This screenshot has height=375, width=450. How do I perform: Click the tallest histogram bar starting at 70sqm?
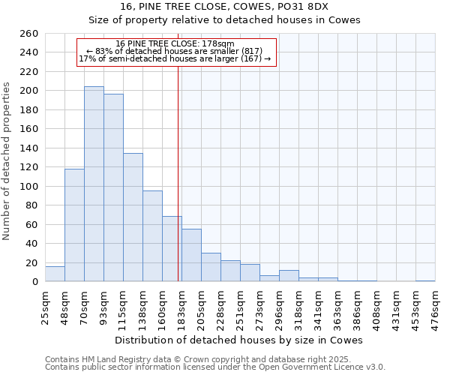point(94,184)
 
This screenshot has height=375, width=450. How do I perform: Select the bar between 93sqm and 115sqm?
point(113,187)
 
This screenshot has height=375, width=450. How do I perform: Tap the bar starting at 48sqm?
point(74,225)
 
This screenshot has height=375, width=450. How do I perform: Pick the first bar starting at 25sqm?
point(55,274)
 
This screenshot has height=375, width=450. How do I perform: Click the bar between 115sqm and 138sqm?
point(133,217)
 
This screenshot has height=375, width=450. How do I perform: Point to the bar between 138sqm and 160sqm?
point(152,236)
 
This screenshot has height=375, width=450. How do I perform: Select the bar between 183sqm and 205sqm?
point(191,255)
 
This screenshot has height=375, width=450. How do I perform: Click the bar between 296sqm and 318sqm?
point(289,276)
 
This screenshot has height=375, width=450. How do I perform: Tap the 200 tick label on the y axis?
point(28,91)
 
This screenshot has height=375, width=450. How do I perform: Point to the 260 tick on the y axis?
point(28,34)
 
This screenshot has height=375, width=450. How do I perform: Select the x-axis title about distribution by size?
point(239,340)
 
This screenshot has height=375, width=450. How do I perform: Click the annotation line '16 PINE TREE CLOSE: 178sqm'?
point(175,43)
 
